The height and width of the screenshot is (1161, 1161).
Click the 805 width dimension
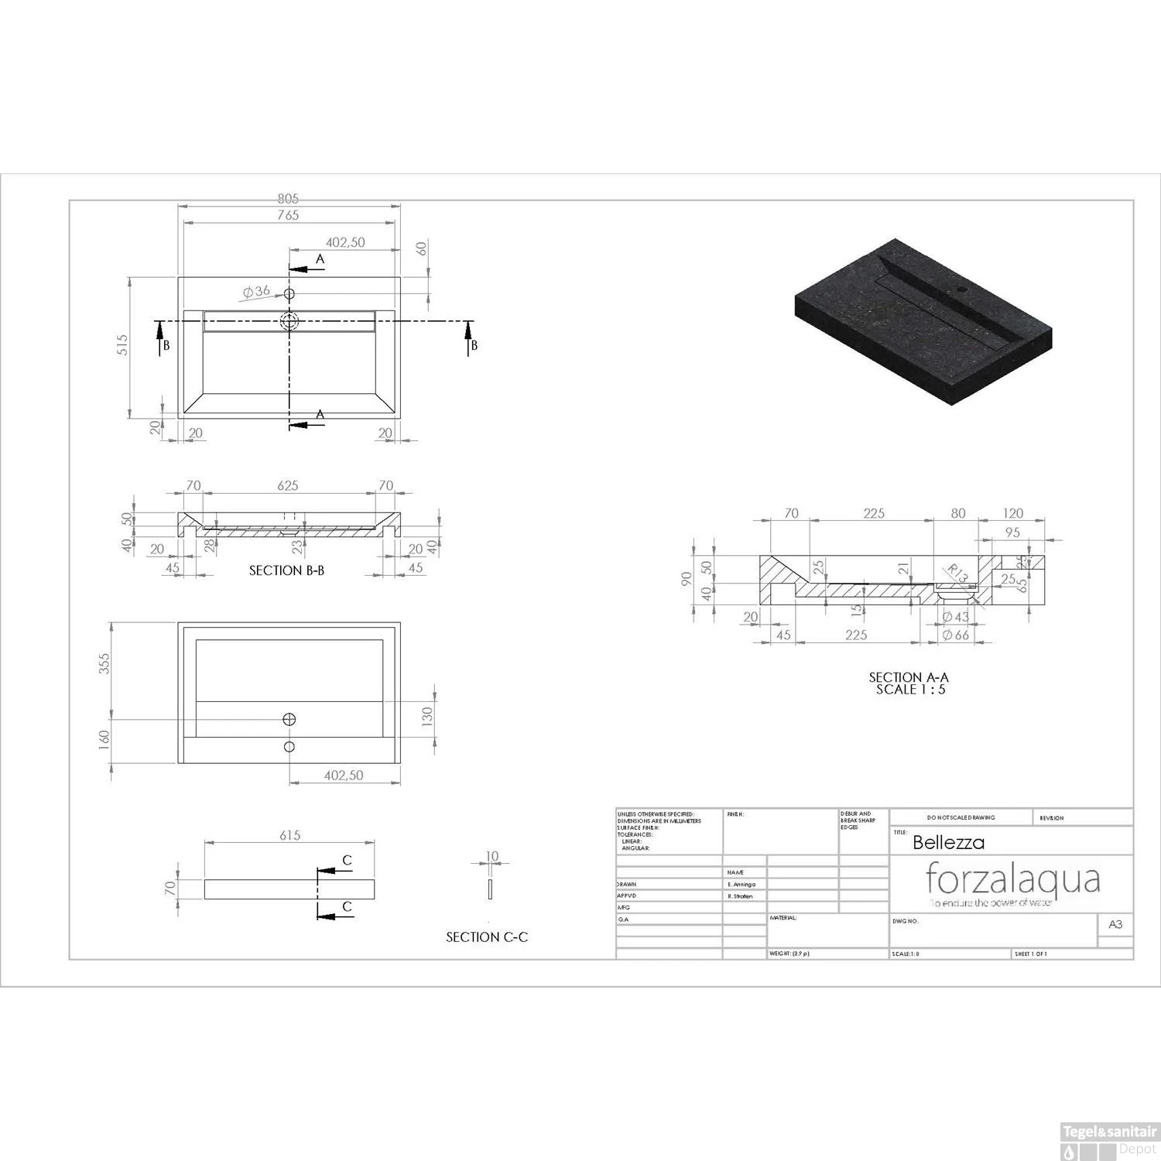pyautogui.click(x=288, y=200)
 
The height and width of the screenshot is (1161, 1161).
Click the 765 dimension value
pyautogui.click(x=288, y=215)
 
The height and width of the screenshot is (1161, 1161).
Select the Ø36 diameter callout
pyautogui.click(x=256, y=292)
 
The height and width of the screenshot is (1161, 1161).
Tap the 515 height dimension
pyautogui.click(x=122, y=345)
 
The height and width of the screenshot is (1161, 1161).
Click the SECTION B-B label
pyautogui.click(x=286, y=570)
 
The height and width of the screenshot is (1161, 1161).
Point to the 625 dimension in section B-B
pyautogui.click(x=288, y=486)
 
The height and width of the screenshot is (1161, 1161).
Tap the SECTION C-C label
pyautogui.click(x=487, y=937)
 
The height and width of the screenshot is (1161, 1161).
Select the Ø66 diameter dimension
pyautogui.click(x=956, y=635)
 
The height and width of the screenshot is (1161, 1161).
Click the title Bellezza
pyautogui.click(x=949, y=843)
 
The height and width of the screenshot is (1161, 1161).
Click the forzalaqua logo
pyautogui.click(x=1013, y=881)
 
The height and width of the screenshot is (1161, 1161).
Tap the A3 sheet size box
pyautogui.click(x=1115, y=924)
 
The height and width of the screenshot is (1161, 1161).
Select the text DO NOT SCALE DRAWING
pyautogui.click(x=961, y=817)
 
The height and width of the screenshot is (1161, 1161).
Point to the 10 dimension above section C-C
pyautogui.click(x=492, y=857)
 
